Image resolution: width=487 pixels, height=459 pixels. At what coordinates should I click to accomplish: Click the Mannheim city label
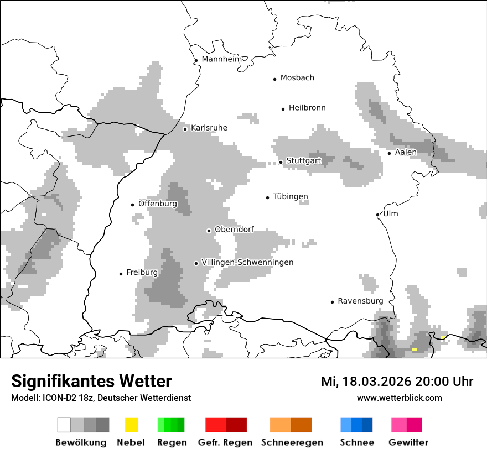(x=221, y=59)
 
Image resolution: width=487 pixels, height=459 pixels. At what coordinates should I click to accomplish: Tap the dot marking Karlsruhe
(x=185, y=129)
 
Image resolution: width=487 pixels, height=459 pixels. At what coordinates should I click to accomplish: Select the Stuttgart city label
(x=304, y=161)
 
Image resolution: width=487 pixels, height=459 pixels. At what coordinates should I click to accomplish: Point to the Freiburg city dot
(x=121, y=274)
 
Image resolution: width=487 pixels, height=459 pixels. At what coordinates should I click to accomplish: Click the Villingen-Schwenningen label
(x=247, y=262)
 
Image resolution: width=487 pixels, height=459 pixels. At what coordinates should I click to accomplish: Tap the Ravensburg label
(x=360, y=301)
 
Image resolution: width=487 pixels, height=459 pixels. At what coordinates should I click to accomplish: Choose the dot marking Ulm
(x=377, y=215)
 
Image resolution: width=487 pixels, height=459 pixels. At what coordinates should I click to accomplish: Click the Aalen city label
(x=406, y=152)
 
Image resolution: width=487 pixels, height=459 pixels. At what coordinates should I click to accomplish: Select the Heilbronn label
(x=307, y=108)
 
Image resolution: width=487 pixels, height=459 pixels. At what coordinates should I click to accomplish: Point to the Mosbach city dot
(x=274, y=79)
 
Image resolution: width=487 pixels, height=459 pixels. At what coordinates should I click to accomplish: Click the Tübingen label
(x=291, y=197)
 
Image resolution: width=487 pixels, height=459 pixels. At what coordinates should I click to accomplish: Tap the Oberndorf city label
(x=234, y=229)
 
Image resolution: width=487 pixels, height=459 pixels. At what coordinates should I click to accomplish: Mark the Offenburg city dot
(x=132, y=205)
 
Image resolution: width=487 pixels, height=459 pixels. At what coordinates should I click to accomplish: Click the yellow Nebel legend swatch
(x=131, y=425)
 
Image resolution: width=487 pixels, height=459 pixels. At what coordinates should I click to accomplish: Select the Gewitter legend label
(x=408, y=442)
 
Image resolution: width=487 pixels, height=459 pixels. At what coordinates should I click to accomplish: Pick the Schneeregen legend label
(x=292, y=442)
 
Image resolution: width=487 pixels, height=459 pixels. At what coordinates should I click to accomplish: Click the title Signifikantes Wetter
(x=91, y=381)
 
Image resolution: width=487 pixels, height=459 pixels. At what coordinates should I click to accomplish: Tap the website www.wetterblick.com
(x=399, y=398)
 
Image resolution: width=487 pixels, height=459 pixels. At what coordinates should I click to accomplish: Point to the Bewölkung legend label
(x=81, y=442)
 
